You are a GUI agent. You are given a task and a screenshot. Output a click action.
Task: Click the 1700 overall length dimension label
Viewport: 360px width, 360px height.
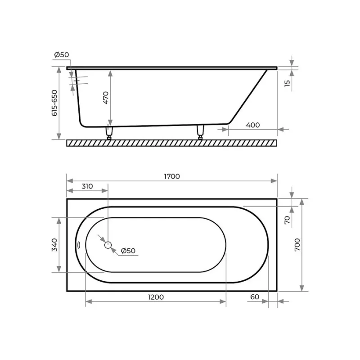point(172,176)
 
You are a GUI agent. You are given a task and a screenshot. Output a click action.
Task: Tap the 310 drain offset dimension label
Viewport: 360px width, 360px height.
point(87,186)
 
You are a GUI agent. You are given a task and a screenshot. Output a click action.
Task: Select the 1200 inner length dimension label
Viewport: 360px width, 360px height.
point(156,297)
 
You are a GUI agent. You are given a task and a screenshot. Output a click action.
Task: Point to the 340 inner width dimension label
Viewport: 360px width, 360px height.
point(54,245)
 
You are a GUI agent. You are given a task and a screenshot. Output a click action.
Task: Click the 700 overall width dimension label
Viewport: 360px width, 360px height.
point(297,245)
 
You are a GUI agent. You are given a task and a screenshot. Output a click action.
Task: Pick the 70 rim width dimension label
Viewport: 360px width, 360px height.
point(287,220)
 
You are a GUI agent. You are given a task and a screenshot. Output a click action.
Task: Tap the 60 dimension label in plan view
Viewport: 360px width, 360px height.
point(255,297)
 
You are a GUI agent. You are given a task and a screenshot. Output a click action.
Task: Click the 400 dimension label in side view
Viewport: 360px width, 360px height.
point(253,125)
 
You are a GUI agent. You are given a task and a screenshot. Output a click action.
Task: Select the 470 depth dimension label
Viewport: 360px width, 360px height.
point(106,98)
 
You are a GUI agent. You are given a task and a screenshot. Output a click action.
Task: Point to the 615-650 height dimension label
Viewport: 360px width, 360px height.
point(54,103)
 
